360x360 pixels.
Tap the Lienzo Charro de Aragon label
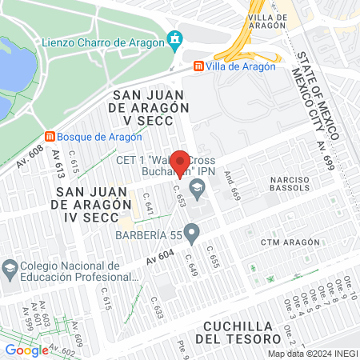(x=114, y=39)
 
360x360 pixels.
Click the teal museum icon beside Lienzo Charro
(x=174, y=39)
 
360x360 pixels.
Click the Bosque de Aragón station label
(x=92, y=135)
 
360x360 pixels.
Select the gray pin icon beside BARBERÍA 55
(x=191, y=234)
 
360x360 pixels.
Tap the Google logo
(x=26, y=350)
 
